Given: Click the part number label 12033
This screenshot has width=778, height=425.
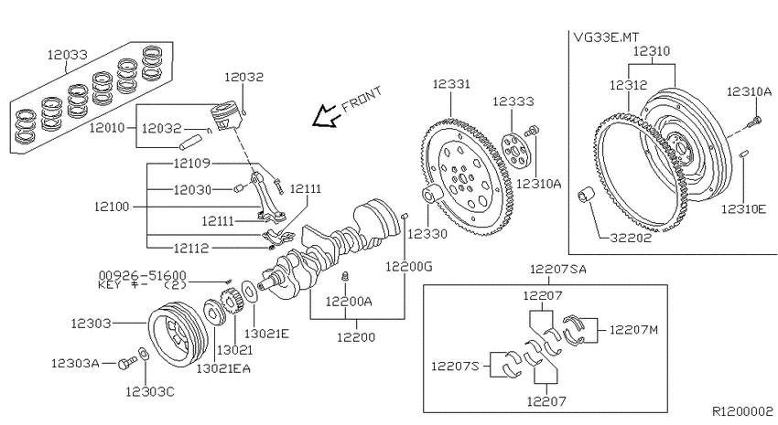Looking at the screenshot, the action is coord(67,55).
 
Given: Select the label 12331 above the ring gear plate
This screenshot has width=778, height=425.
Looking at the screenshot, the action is coord(451,84).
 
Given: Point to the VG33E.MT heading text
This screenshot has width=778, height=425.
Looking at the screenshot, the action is coord(606,37).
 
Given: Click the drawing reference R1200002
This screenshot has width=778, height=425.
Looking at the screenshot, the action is coord(743,411).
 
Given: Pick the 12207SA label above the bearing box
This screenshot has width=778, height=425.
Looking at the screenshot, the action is coord(558,269).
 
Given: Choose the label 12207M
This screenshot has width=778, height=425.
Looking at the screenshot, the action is coord(633,329).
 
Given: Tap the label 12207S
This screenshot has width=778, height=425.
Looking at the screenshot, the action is coord(455,367).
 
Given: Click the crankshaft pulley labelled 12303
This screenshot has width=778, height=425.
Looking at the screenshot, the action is coord(178,334).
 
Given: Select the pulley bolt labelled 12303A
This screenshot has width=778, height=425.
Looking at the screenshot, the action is coord(127,364).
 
